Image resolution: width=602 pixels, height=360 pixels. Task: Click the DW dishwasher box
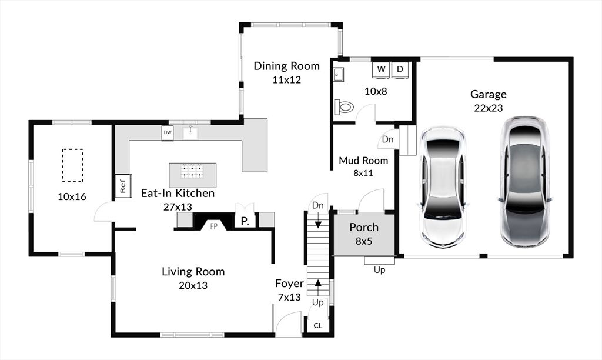tap(168, 133)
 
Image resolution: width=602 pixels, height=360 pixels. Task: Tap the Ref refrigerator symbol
tap(123, 186)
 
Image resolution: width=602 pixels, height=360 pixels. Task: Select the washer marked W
tap(381, 69)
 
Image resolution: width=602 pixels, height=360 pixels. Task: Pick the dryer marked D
tap(400, 69)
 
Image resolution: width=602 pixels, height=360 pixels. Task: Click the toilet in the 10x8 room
tap(343, 106)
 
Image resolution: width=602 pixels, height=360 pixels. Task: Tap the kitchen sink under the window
tap(190, 133)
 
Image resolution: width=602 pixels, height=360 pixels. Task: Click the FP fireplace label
tap(214, 226)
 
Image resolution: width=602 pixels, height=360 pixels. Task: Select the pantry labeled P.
tap(245, 221)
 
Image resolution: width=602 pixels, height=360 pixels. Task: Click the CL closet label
tap(318, 326)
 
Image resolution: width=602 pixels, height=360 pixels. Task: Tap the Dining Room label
tap(286, 66)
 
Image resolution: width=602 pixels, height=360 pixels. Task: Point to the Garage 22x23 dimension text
tap(489, 108)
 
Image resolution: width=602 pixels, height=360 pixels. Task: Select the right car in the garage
tap(525, 182)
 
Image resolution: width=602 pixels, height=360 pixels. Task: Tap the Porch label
tap(364, 228)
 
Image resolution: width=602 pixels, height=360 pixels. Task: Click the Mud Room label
tap(363, 161)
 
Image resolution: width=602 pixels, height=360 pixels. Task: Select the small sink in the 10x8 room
tap(338, 75)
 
